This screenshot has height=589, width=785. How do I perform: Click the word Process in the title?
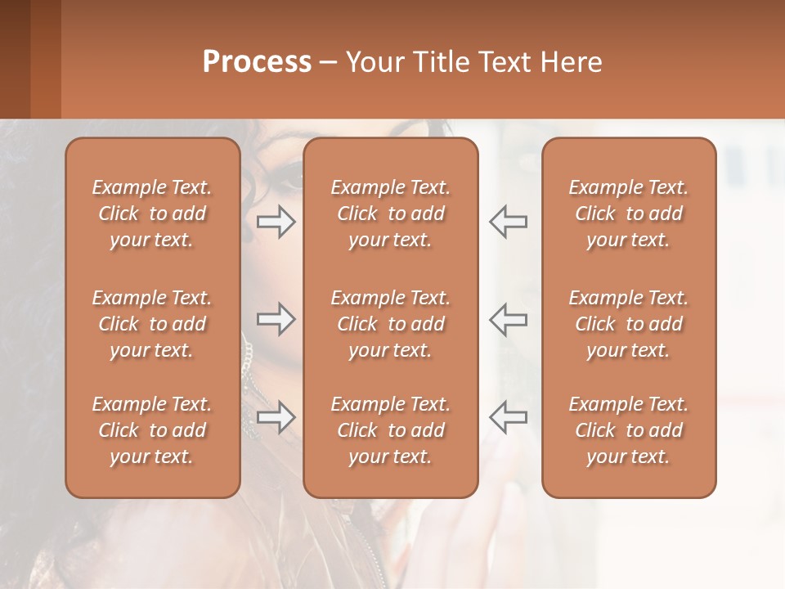257,62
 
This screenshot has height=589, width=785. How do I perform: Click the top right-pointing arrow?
276,222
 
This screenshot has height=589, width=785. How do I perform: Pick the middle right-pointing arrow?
276,319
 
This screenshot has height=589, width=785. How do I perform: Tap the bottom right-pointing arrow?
276,417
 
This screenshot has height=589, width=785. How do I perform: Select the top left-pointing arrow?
508,222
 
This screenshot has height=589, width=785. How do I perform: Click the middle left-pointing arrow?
508,319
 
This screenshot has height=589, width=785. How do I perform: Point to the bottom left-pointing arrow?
508,417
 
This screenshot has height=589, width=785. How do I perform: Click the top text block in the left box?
152,214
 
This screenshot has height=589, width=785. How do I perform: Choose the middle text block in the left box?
152,324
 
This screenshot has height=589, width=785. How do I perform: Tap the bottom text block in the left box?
152,430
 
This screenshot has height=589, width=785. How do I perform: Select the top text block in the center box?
390,214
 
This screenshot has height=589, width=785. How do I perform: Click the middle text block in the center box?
390,324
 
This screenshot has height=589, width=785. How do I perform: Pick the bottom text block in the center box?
390,430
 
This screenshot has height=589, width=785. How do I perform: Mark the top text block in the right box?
628,214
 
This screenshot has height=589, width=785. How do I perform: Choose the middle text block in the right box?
628,324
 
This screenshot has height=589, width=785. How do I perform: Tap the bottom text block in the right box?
628,430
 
